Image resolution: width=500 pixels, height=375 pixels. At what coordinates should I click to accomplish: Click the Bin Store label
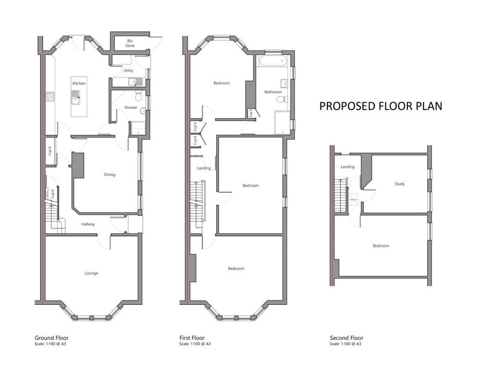(130, 43)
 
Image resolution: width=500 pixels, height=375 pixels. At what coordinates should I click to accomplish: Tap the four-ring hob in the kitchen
(49, 97)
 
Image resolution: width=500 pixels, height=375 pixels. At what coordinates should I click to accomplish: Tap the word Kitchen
(79, 83)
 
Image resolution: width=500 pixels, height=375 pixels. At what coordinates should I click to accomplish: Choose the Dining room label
(109, 174)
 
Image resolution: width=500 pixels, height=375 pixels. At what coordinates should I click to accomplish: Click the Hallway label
(88, 224)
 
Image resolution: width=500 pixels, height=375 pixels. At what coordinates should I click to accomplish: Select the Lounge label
(91, 273)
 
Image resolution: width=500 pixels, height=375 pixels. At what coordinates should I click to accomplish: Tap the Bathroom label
(273, 92)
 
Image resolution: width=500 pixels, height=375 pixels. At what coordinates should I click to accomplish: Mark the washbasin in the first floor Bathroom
(284, 83)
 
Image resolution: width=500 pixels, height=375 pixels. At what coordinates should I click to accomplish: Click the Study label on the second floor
(399, 184)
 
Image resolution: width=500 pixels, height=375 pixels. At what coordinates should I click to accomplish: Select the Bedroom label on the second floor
(381, 246)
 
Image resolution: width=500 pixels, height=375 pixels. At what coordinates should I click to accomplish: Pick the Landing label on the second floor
(347, 167)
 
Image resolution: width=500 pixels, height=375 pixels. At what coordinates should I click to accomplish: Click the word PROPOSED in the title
(348, 106)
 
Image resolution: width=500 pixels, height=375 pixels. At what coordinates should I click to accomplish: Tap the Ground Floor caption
(51, 338)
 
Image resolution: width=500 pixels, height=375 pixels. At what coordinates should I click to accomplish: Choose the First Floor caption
(192, 338)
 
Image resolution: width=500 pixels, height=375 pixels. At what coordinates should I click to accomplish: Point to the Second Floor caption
(346, 338)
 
